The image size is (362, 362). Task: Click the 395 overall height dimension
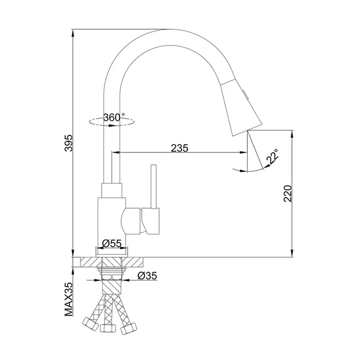pos(69,143)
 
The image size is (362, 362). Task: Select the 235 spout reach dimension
pos(180,148)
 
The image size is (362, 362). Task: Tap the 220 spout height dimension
pos(288,194)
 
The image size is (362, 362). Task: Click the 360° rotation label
pos(114,117)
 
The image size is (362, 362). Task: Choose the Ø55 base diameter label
pos(111,243)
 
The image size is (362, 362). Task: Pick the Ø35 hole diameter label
pos(147,275)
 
